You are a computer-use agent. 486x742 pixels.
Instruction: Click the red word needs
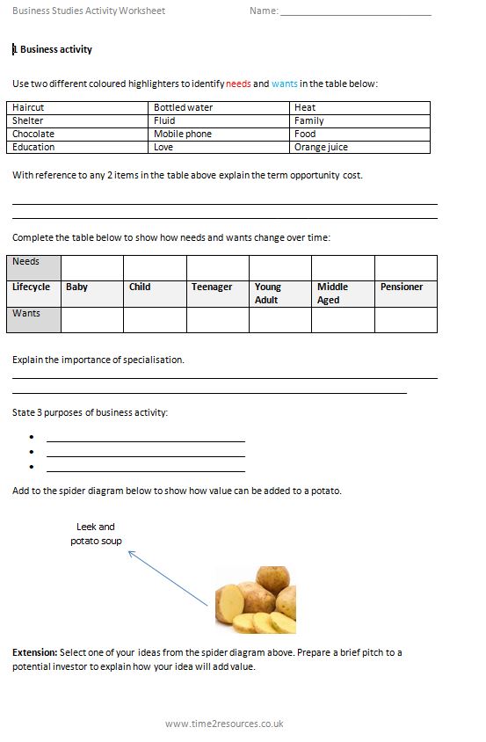(238, 84)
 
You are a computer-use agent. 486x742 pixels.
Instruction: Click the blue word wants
(284, 84)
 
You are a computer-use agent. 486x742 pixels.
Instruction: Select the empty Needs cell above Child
(155, 267)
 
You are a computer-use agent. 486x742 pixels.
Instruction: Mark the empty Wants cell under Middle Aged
(343, 319)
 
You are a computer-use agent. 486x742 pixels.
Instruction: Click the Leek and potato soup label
(96, 534)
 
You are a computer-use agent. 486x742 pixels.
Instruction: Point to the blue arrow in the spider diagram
(168, 578)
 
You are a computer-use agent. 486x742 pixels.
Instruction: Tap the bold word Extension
(34, 652)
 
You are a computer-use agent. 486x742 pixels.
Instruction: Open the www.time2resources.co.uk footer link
(224, 724)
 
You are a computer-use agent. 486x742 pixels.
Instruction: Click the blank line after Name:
(355, 11)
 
